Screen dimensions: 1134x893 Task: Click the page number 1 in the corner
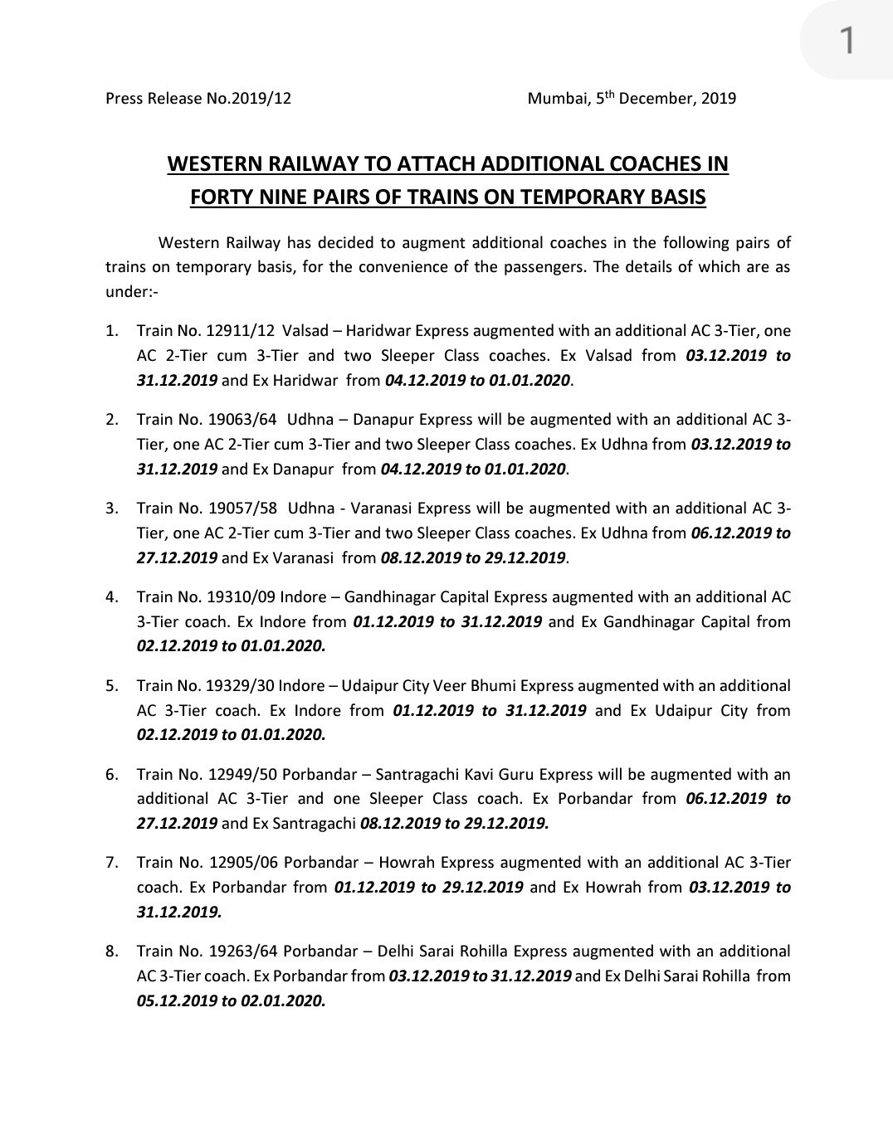847,40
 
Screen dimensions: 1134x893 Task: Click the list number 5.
111,686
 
